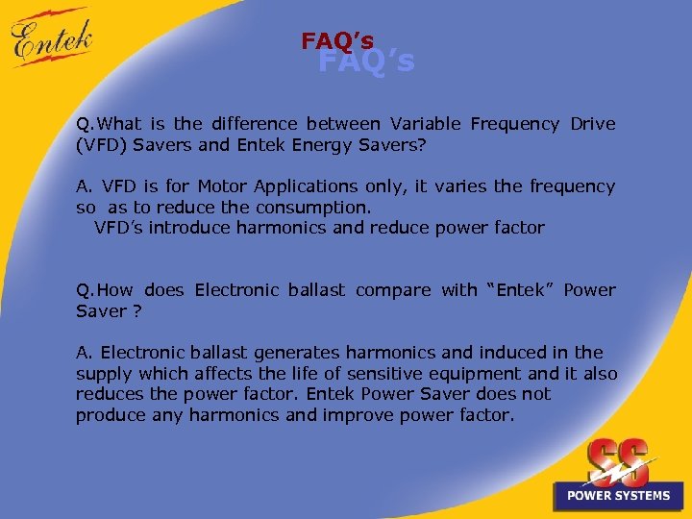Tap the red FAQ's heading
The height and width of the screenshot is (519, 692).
point(337,41)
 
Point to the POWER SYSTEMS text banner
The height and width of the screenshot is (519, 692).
point(618,496)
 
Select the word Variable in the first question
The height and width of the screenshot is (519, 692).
point(425,124)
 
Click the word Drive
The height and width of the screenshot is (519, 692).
point(593,124)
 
